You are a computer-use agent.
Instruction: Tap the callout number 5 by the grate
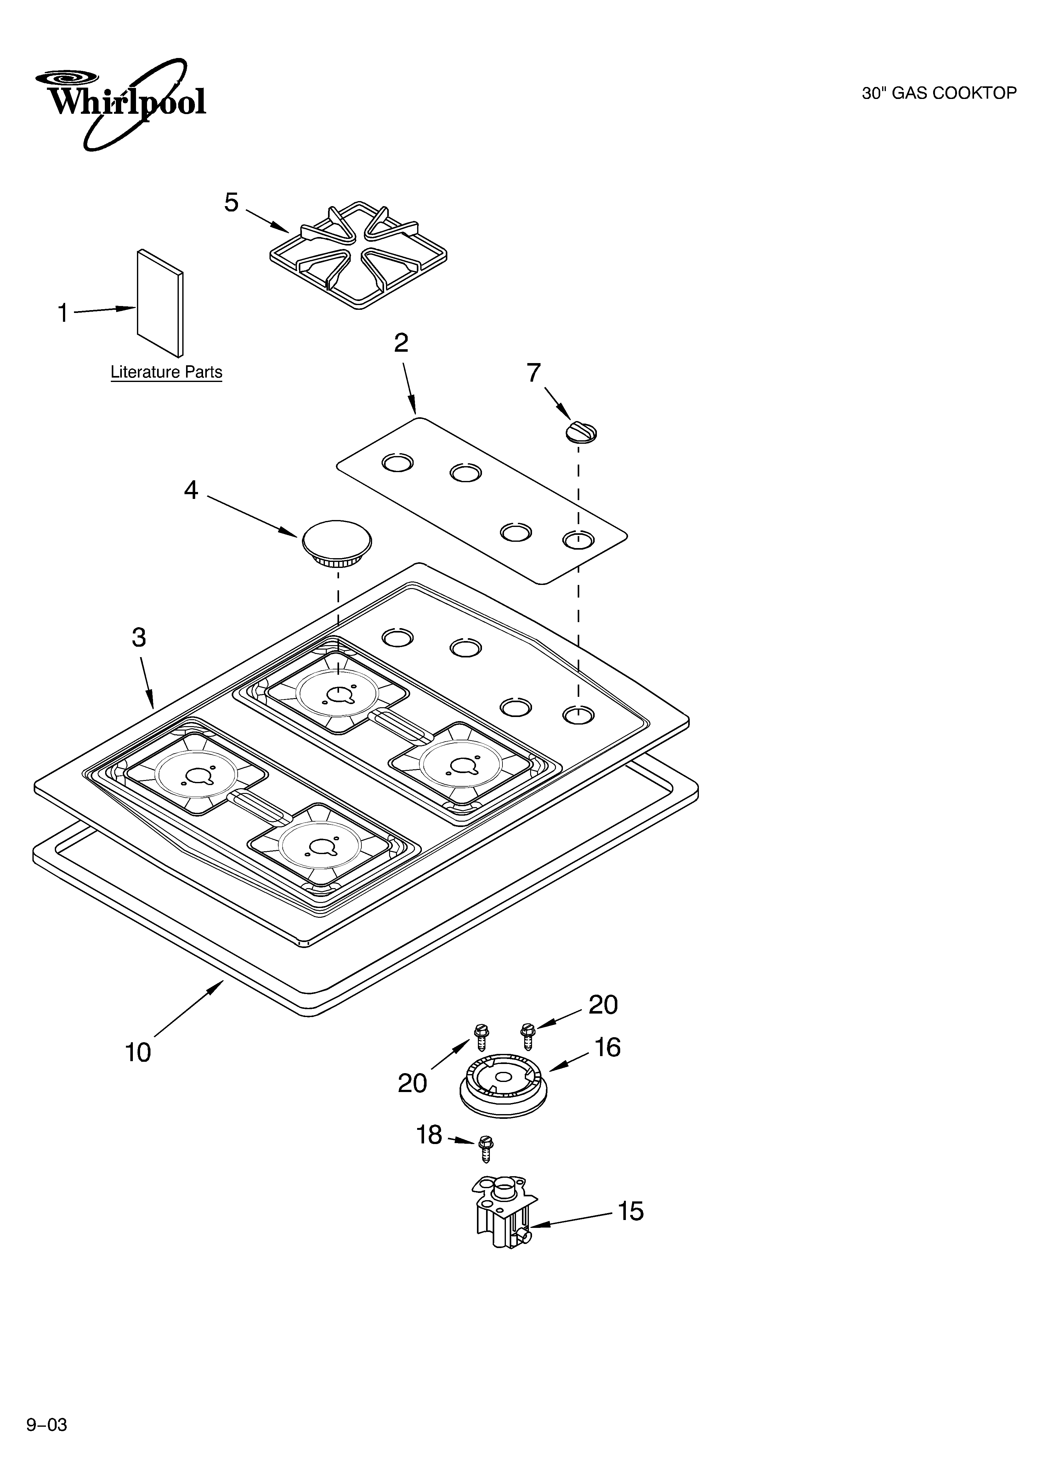click(231, 202)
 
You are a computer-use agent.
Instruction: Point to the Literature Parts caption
click(166, 372)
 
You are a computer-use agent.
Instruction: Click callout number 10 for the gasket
click(138, 1052)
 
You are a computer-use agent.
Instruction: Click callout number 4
click(191, 490)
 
